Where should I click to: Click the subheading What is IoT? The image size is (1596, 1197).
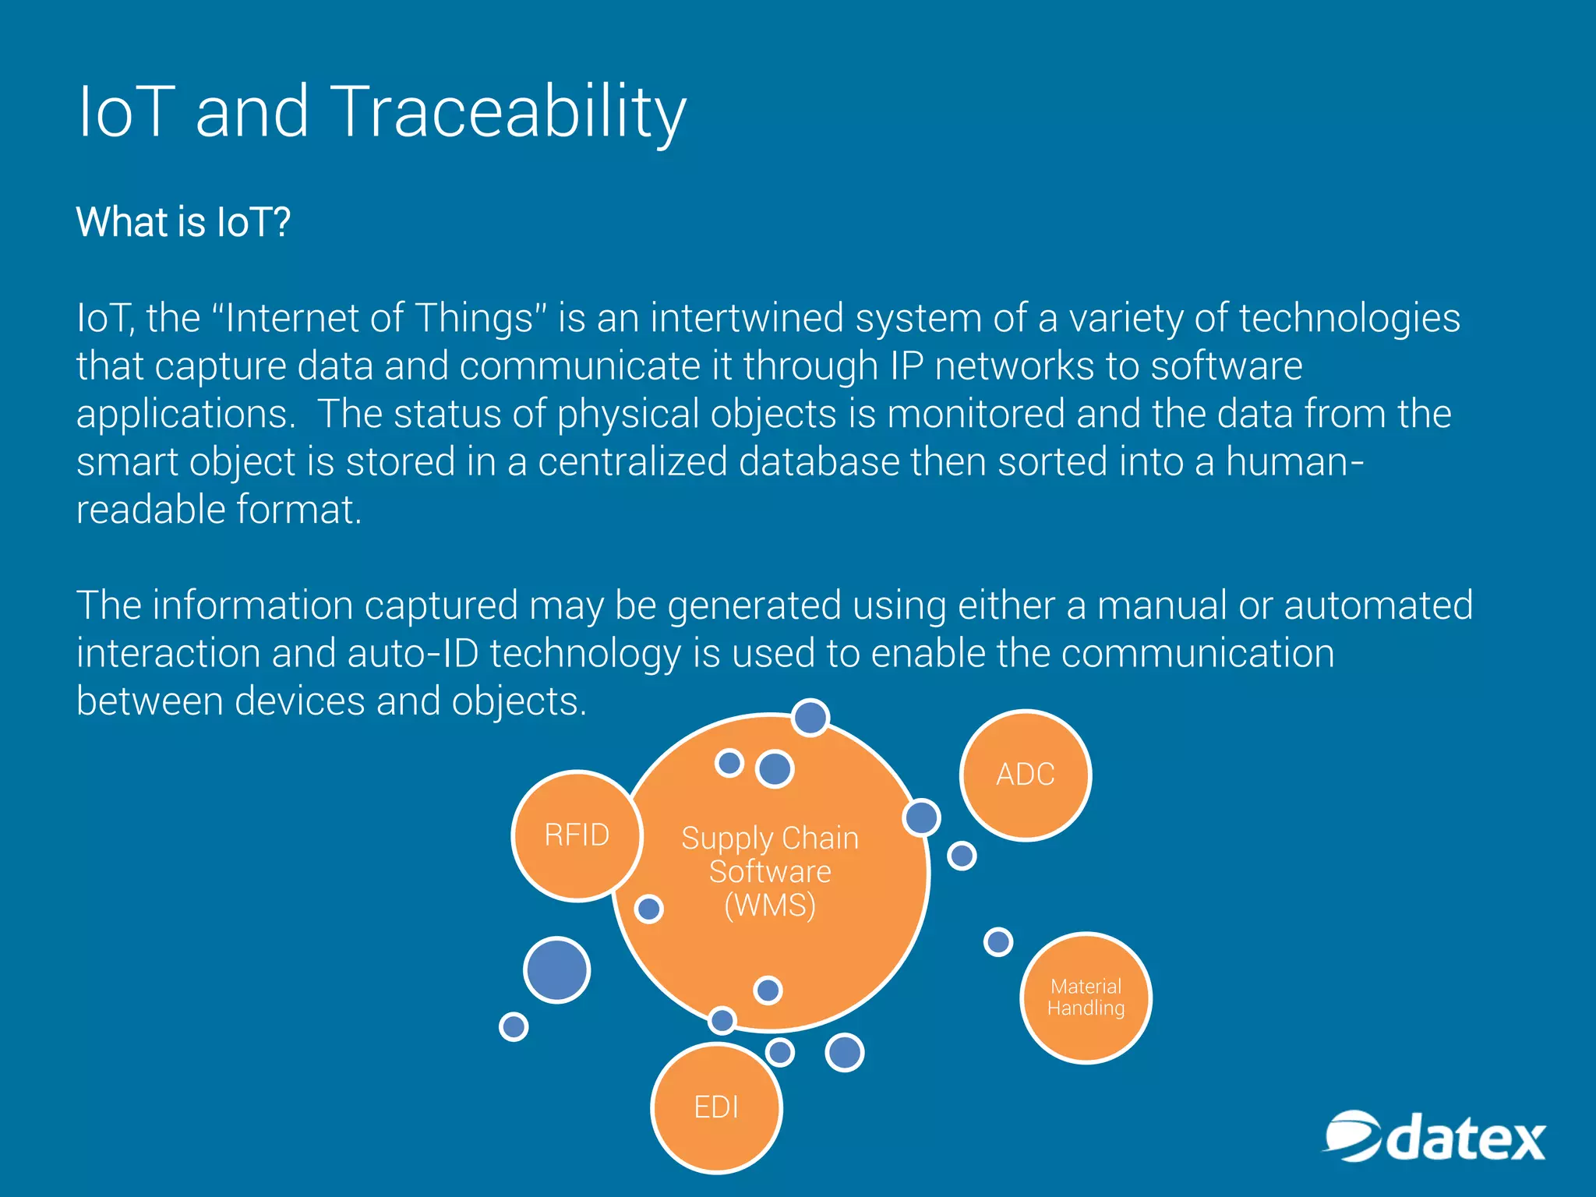click(183, 222)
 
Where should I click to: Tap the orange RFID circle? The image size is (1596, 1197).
click(577, 835)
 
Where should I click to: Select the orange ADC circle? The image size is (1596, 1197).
click(1025, 775)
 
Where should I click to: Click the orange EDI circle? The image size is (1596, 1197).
click(715, 1107)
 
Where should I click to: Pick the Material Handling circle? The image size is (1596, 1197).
click(1086, 997)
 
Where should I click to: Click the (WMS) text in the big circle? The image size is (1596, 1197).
click(770, 906)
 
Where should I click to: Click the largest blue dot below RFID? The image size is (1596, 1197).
click(556, 969)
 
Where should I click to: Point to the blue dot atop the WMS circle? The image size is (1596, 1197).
click(810, 718)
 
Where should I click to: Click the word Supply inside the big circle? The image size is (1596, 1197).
click(726, 839)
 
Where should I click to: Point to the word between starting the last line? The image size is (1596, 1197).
click(150, 701)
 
